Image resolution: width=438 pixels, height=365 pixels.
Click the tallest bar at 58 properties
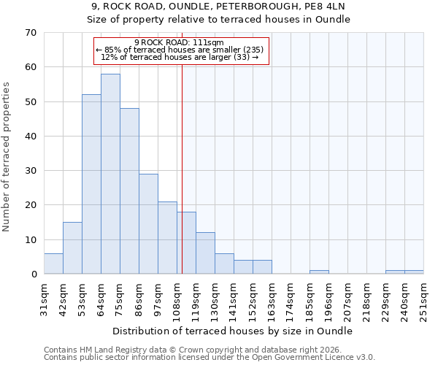tap(110, 174)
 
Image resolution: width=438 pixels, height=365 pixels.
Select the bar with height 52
tap(91, 184)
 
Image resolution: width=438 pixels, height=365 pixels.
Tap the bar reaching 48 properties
tap(129, 191)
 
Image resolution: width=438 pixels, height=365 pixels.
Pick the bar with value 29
tap(148, 223)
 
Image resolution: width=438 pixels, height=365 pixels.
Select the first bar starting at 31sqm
tap(53, 264)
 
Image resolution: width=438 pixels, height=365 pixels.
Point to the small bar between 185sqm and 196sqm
tap(319, 272)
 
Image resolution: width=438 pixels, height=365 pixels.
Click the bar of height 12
tap(205, 253)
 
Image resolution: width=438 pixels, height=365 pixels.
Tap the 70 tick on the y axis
tap(30, 33)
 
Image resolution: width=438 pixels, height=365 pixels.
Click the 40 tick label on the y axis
tap(30, 137)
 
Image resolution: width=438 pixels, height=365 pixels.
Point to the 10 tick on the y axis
tap(30, 240)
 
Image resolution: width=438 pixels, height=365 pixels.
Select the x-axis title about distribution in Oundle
tap(234, 331)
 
